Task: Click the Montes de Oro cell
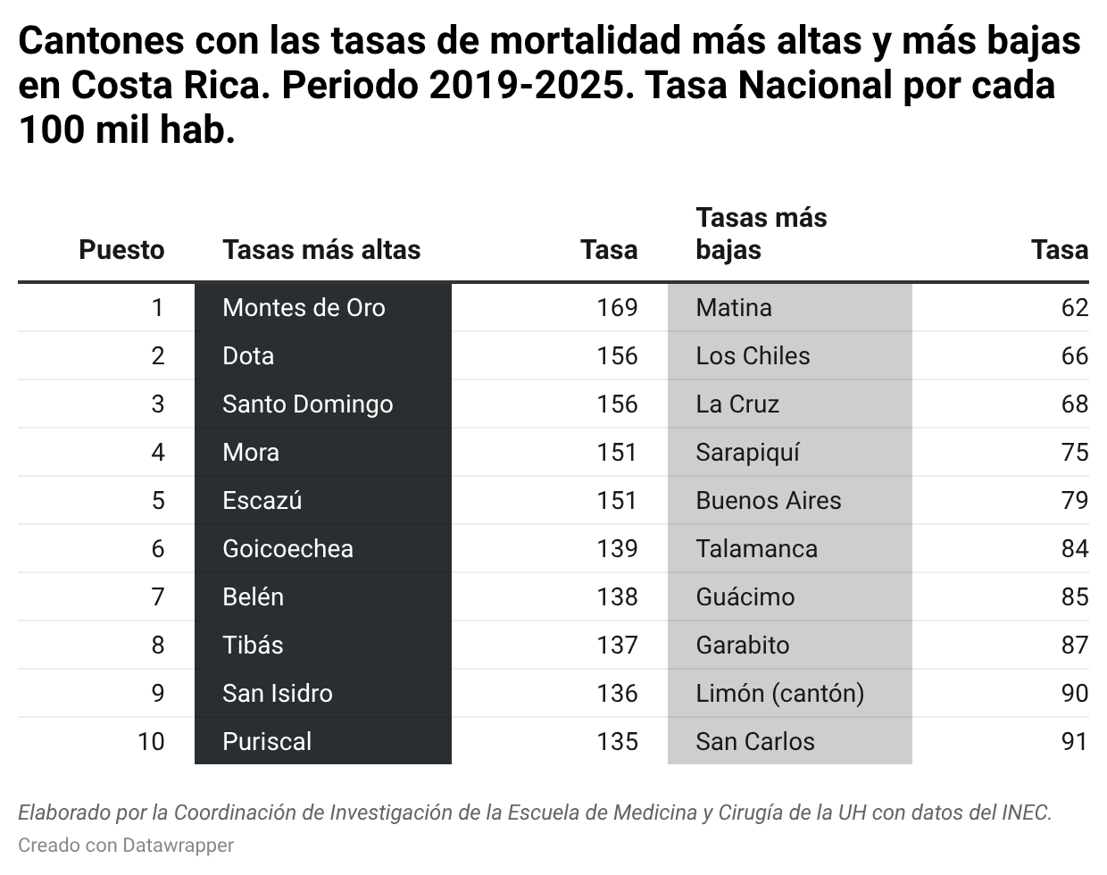[x=304, y=308]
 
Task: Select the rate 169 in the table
[x=617, y=308]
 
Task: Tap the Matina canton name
[x=734, y=308]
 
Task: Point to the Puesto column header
[x=121, y=250]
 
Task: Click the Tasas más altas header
[x=321, y=250]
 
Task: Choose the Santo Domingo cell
[x=307, y=404]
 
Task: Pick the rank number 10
[x=151, y=742]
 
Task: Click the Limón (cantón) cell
[x=779, y=694]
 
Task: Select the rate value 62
[x=1075, y=308]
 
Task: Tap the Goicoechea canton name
[x=287, y=549]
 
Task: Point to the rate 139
[x=617, y=549]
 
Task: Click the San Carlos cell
[x=755, y=742]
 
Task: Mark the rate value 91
[x=1075, y=742]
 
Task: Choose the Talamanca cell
[x=756, y=549]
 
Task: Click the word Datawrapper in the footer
[x=178, y=845]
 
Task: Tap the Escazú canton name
[x=262, y=501]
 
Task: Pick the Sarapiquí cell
[x=747, y=453]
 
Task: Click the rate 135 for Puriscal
[x=617, y=742]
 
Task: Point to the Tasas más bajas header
[x=761, y=234]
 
